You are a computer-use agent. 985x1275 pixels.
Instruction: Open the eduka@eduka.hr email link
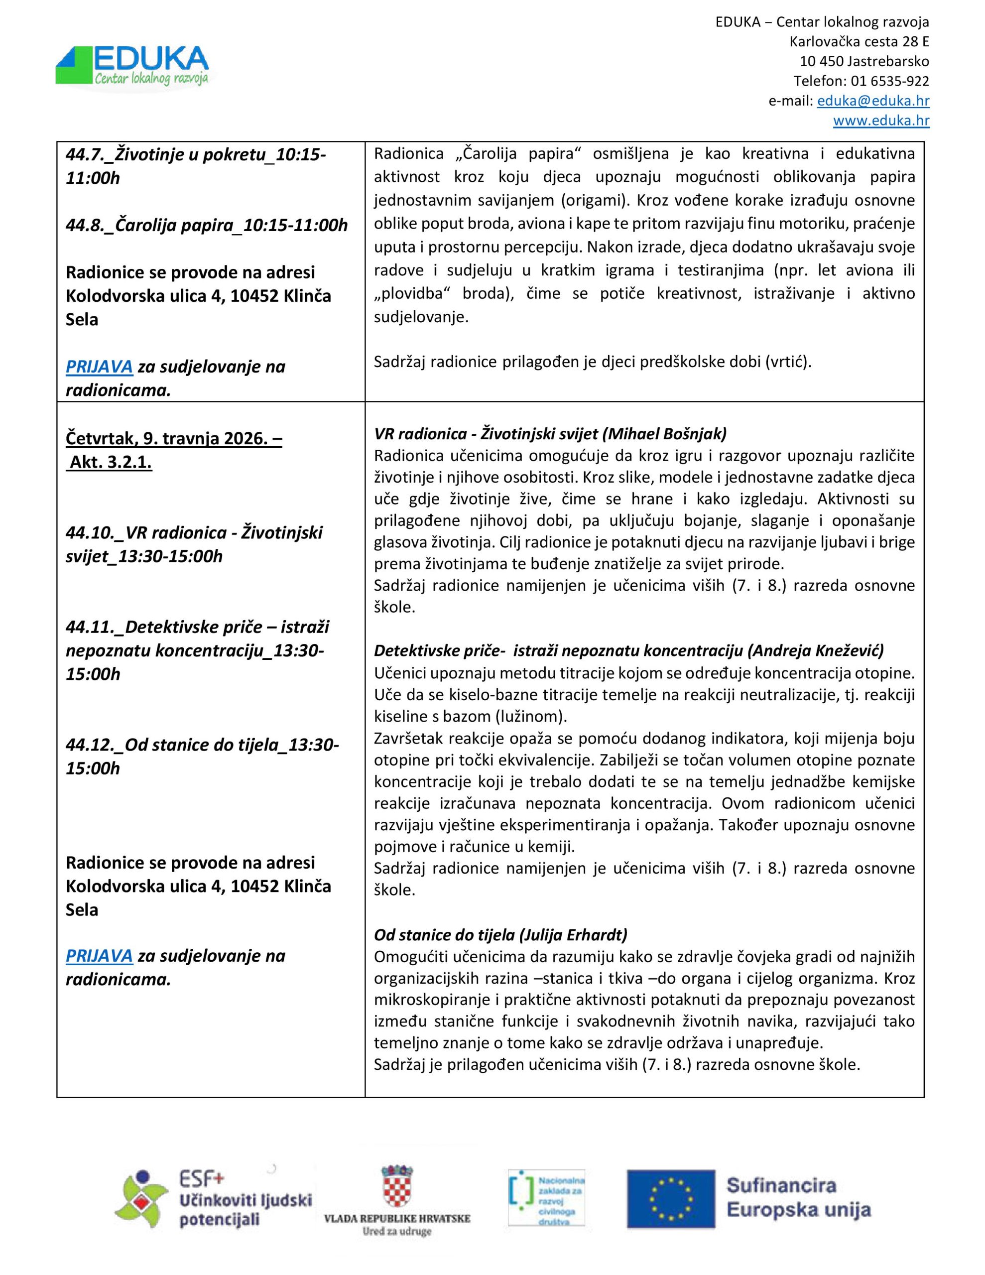click(x=873, y=101)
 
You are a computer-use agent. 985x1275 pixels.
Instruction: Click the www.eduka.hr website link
click(x=880, y=121)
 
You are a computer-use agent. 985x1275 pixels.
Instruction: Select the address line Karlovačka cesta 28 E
click(x=859, y=42)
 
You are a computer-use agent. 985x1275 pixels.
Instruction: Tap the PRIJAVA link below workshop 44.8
click(x=99, y=367)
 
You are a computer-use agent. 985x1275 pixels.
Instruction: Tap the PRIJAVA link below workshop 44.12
click(x=99, y=956)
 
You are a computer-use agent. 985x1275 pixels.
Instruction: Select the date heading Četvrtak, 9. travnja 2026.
click(x=173, y=438)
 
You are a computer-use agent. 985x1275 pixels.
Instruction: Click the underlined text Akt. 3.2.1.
click(x=111, y=462)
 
